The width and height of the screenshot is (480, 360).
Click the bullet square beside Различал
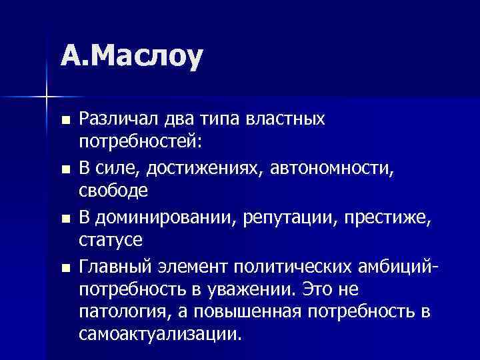pos(64,121)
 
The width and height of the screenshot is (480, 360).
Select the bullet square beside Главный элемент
pos(64,267)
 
